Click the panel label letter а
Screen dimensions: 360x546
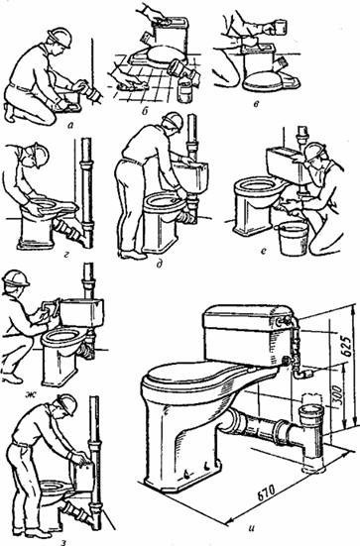tap(70, 126)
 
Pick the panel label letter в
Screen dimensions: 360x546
tap(257, 104)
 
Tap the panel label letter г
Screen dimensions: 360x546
tap(66, 258)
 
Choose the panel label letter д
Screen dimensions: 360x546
tap(161, 266)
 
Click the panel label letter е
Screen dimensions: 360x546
tap(264, 259)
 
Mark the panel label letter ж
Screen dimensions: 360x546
tap(31, 394)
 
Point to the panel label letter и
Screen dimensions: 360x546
tap(250, 527)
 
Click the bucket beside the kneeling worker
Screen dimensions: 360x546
tap(293, 238)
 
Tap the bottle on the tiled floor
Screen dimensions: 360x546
tap(184, 89)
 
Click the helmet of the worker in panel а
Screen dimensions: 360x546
tap(60, 37)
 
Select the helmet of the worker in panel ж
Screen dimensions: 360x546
tap(16, 278)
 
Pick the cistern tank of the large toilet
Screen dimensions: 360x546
tap(249, 335)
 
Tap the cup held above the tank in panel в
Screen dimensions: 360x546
tap(281, 27)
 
